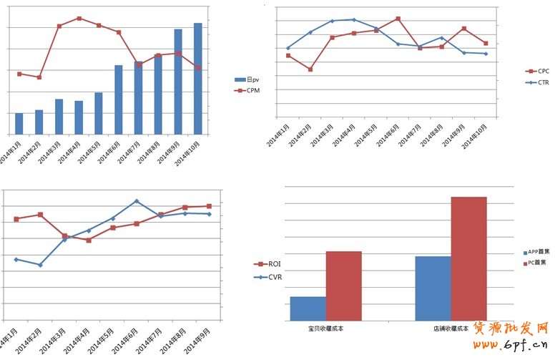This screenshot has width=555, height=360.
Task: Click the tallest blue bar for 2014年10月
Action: (x=198, y=79)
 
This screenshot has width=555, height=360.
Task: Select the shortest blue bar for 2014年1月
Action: (x=19, y=123)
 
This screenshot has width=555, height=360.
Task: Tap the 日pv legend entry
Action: (x=247, y=80)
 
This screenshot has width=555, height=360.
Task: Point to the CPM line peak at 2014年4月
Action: (x=79, y=18)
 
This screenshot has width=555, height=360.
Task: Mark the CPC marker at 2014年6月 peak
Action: (x=398, y=19)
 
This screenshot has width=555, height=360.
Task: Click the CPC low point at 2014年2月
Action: (x=310, y=69)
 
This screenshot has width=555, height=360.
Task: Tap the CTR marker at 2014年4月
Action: (x=354, y=19)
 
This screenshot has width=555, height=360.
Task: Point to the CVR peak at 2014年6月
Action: (x=136, y=201)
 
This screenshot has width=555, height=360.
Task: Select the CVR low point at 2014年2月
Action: (x=40, y=265)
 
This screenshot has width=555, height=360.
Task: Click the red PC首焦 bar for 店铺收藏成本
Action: (x=468, y=258)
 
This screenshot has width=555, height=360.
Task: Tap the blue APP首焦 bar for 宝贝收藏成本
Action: (x=308, y=308)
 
